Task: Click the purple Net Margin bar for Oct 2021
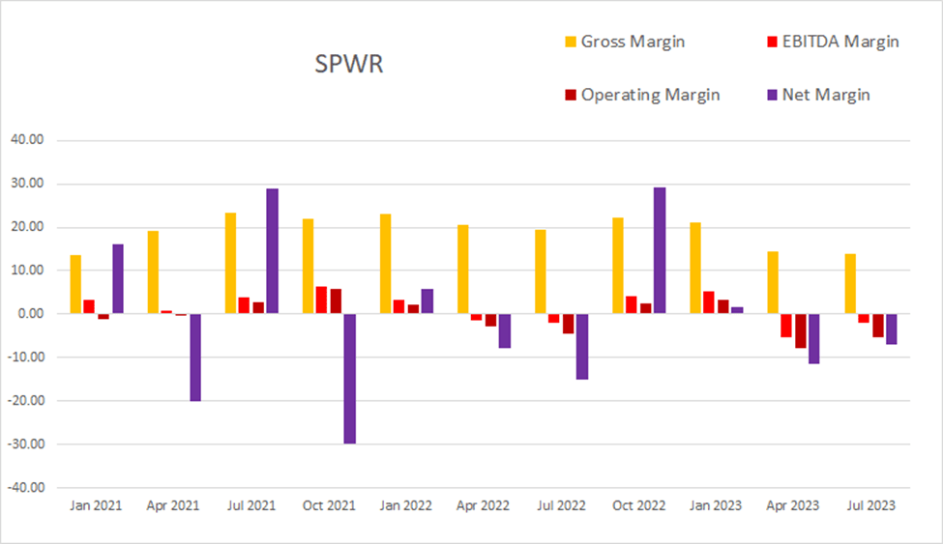(x=349, y=379)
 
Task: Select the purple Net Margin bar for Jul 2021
(x=273, y=251)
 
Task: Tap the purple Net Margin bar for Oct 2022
(x=660, y=250)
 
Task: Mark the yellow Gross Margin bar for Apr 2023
(x=773, y=283)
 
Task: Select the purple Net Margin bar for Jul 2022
(x=582, y=347)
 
